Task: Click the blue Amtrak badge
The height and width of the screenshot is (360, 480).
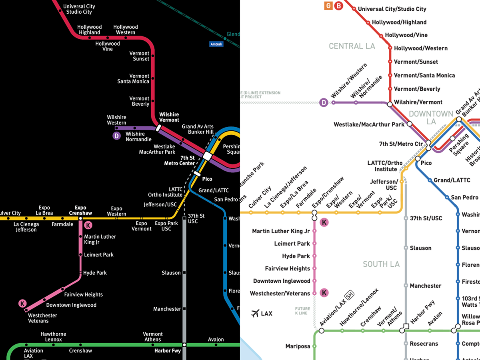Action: [x=216, y=44]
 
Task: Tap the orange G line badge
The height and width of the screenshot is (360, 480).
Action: [x=329, y=6]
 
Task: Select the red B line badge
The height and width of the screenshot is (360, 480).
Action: [x=339, y=6]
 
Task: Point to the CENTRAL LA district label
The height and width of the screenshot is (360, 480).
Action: [x=352, y=46]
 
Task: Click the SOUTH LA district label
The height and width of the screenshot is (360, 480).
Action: [x=381, y=264]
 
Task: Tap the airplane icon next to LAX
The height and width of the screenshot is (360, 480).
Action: [x=255, y=313]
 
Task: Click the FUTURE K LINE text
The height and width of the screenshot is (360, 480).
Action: [x=302, y=311]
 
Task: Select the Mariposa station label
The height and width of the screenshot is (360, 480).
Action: [x=298, y=346]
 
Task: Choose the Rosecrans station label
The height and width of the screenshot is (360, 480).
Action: [x=424, y=344]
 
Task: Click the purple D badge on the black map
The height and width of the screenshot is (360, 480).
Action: [x=116, y=136]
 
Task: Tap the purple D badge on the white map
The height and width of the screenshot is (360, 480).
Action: [x=324, y=103]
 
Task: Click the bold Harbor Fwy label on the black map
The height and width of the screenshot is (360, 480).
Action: [x=167, y=351]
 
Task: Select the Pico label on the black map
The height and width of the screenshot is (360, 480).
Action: [x=207, y=179]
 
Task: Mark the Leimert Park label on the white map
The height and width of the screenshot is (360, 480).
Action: [x=292, y=244]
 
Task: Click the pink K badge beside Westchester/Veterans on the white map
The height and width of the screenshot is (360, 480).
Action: [x=324, y=293]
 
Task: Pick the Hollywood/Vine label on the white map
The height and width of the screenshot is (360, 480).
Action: [x=406, y=35]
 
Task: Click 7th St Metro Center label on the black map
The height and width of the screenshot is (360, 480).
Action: [x=182, y=160]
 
